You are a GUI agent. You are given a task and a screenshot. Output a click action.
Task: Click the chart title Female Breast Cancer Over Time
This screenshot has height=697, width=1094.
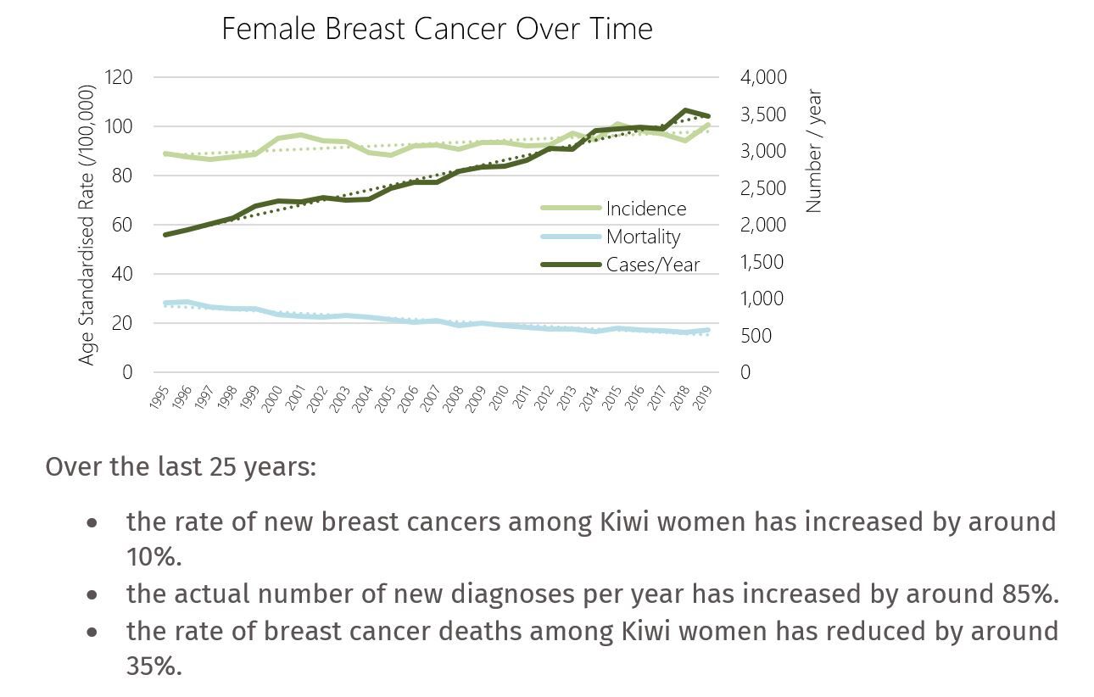pos(437,29)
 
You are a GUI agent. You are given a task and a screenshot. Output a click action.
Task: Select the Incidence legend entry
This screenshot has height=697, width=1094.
pos(645,209)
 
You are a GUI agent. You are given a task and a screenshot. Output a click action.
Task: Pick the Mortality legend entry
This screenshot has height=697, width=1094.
pos(643,237)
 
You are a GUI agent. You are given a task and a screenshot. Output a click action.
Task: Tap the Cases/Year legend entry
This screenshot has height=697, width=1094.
pos(652,265)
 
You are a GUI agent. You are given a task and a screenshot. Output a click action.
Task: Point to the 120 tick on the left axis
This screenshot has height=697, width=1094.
pos(120,77)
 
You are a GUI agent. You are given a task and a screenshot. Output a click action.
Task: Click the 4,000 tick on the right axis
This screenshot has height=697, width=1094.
pos(763,77)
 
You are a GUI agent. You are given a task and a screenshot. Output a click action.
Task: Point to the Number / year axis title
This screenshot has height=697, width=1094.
pos(814,151)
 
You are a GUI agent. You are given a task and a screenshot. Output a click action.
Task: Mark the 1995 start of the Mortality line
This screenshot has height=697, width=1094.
pos(165,303)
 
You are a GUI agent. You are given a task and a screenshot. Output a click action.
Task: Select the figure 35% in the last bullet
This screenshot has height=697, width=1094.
pos(153,666)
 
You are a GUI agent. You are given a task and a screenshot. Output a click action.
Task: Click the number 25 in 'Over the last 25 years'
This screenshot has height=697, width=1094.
pos(215,467)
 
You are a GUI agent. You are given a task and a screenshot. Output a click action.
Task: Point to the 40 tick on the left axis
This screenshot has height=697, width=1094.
pos(124,274)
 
